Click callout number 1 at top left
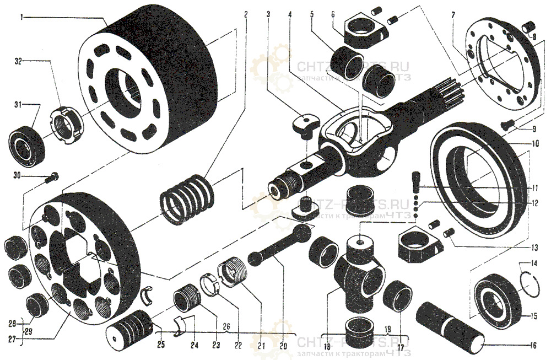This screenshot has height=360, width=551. (21, 17)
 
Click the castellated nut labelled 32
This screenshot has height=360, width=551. (64, 125)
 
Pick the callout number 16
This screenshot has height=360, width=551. (533, 346)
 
